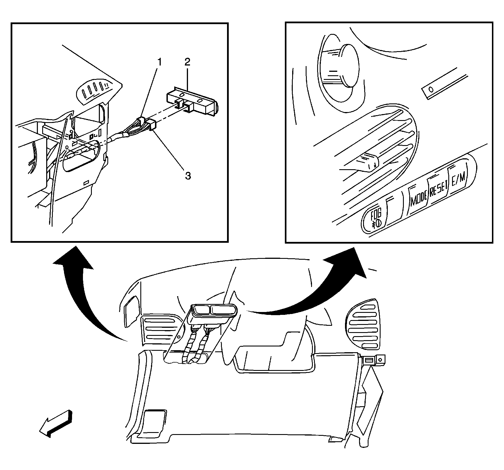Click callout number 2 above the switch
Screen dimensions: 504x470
point(187,61)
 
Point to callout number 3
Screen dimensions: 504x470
point(188,176)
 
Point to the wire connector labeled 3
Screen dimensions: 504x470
point(152,126)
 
